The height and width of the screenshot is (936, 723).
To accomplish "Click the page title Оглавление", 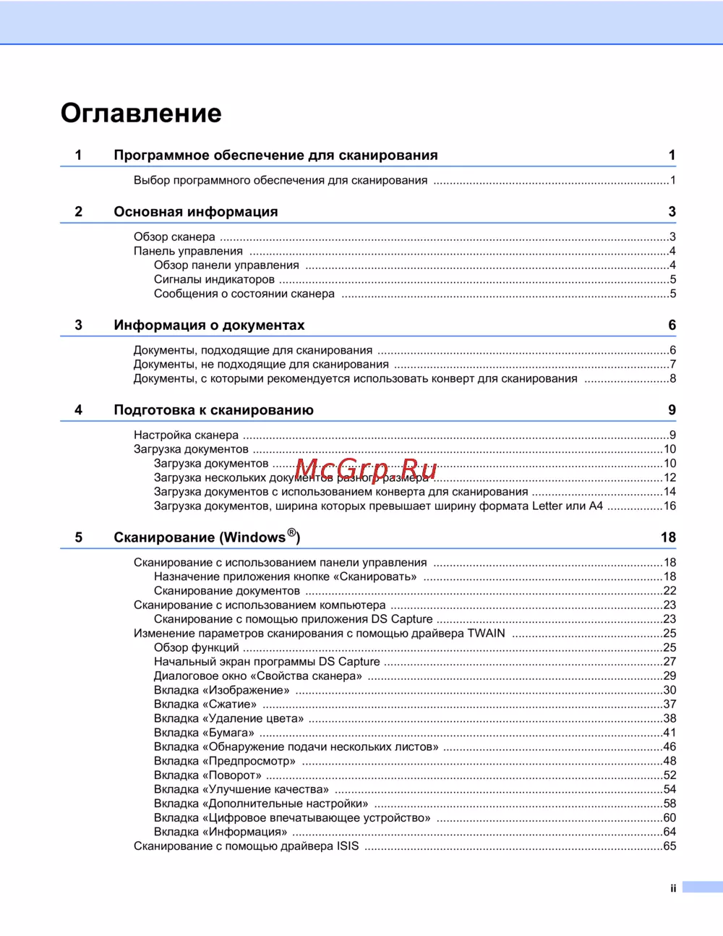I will coord(141,114).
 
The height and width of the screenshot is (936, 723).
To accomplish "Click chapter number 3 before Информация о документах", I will coord(79,326).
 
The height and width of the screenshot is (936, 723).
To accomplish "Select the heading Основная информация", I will coord(196,212).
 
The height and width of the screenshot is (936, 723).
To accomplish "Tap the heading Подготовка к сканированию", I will coord(213,410).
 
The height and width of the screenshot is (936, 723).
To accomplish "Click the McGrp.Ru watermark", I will coord(366,470).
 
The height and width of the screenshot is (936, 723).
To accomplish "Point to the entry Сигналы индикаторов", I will coord(214,279).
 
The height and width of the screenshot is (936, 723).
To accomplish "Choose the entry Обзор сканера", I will coord(174,237).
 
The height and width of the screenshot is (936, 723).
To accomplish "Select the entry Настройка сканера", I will coord(186,435).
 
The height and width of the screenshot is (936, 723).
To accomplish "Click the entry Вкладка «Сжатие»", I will coord(205,704).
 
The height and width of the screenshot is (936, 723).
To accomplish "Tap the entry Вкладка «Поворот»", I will coord(208,775).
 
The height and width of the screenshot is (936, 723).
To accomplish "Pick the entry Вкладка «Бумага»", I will coord(204,732).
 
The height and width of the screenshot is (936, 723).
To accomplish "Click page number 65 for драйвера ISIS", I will coord(669,846).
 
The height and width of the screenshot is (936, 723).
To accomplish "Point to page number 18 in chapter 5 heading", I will coord(668,537).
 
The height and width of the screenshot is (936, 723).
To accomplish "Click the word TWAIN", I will coord(487,633).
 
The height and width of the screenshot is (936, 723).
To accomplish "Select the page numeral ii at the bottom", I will coord(673,888).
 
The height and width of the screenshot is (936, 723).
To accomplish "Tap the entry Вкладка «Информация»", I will coord(221,832).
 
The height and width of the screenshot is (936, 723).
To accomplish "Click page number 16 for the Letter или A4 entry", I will coord(669,506).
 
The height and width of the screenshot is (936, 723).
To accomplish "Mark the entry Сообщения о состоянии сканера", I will coord(244,294).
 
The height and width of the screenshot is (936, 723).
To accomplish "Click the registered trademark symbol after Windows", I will coord(291,532).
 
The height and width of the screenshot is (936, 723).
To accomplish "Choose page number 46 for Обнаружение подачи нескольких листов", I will coord(669,746).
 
